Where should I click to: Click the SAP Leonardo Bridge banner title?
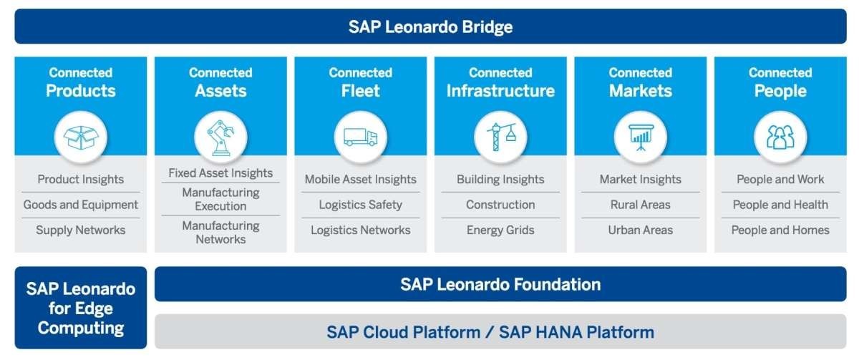[x=430, y=26]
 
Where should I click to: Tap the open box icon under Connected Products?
[x=80, y=137]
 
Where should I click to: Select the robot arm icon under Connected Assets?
[x=220, y=137]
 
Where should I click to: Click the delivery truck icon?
[x=361, y=137]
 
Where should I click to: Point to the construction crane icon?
[x=501, y=137]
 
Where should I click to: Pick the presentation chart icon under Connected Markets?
[x=641, y=137]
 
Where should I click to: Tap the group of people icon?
[x=780, y=137]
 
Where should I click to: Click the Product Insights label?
[x=80, y=180]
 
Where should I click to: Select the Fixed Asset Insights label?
[x=220, y=173]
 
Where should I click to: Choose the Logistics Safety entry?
[x=361, y=205]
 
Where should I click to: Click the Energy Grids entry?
[x=500, y=230]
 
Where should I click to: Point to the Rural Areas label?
[x=641, y=205]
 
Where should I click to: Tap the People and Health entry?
[x=780, y=205]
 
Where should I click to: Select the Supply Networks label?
[x=80, y=230]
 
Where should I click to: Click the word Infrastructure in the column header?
[x=500, y=91]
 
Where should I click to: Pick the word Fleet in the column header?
[x=361, y=91]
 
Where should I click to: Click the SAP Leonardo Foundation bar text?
[x=500, y=284]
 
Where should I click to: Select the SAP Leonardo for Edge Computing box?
[x=80, y=308]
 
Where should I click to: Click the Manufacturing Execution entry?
[x=220, y=200]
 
